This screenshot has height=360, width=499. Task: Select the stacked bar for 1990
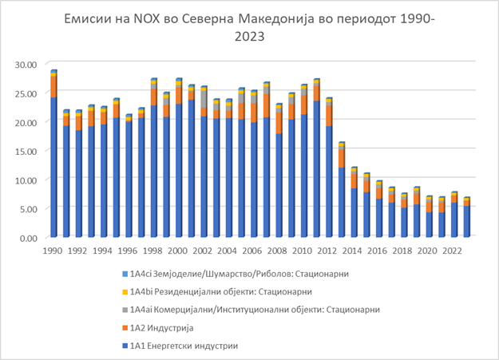click(x=53, y=160)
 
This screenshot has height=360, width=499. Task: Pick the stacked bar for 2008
click(x=279, y=176)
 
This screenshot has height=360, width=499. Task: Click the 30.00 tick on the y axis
click(x=27, y=64)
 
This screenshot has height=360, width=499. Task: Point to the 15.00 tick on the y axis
click(x=27, y=151)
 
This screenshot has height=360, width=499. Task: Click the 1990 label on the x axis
click(x=53, y=249)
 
